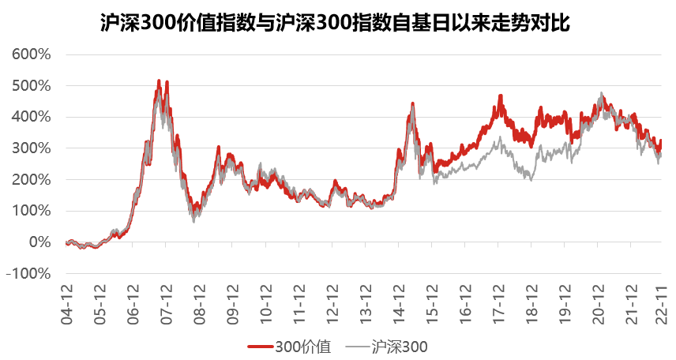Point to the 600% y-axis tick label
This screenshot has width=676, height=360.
32,55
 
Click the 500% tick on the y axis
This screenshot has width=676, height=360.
32,86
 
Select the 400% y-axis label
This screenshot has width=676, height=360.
32,118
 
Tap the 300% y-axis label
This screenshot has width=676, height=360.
32,148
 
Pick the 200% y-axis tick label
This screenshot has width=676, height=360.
32,180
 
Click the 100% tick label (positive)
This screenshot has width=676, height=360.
32,211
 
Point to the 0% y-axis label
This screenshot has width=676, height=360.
39,242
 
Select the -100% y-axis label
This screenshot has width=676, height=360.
29,273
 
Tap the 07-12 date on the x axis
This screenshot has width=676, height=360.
167,304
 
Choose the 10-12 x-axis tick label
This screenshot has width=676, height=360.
267,304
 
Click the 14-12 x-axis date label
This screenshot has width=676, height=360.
400,304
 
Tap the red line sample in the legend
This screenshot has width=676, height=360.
260,346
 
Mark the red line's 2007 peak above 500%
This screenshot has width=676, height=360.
159,81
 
